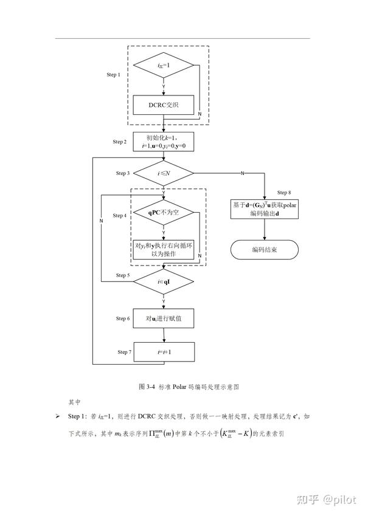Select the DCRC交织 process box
(x=163, y=105)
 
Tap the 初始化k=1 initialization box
(x=163, y=142)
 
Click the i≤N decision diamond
(x=163, y=174)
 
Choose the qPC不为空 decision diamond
(x=163, y=213)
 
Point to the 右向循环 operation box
(x=163, y=249)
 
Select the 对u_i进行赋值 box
(x=163, y=318)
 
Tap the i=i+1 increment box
(x=163, y=353)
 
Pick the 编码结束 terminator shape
(x=263, y=249)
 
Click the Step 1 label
(x=114, y=75)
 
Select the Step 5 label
(x=122, y=275)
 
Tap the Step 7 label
(x=125, y=352)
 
